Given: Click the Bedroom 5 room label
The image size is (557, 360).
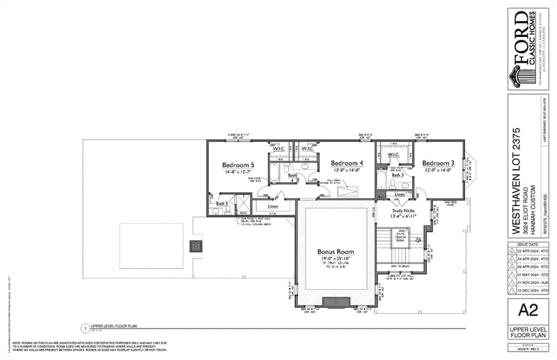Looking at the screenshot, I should coord(238,165).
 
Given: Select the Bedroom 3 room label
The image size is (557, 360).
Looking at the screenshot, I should coord(438,162).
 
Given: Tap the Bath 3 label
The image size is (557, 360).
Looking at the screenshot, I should coord(398,175).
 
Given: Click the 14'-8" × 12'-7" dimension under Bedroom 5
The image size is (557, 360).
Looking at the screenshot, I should coord(238,171).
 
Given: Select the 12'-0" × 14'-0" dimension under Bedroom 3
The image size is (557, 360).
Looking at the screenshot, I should coord(438,169).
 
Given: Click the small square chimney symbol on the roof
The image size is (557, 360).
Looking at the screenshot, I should coord(197,245).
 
